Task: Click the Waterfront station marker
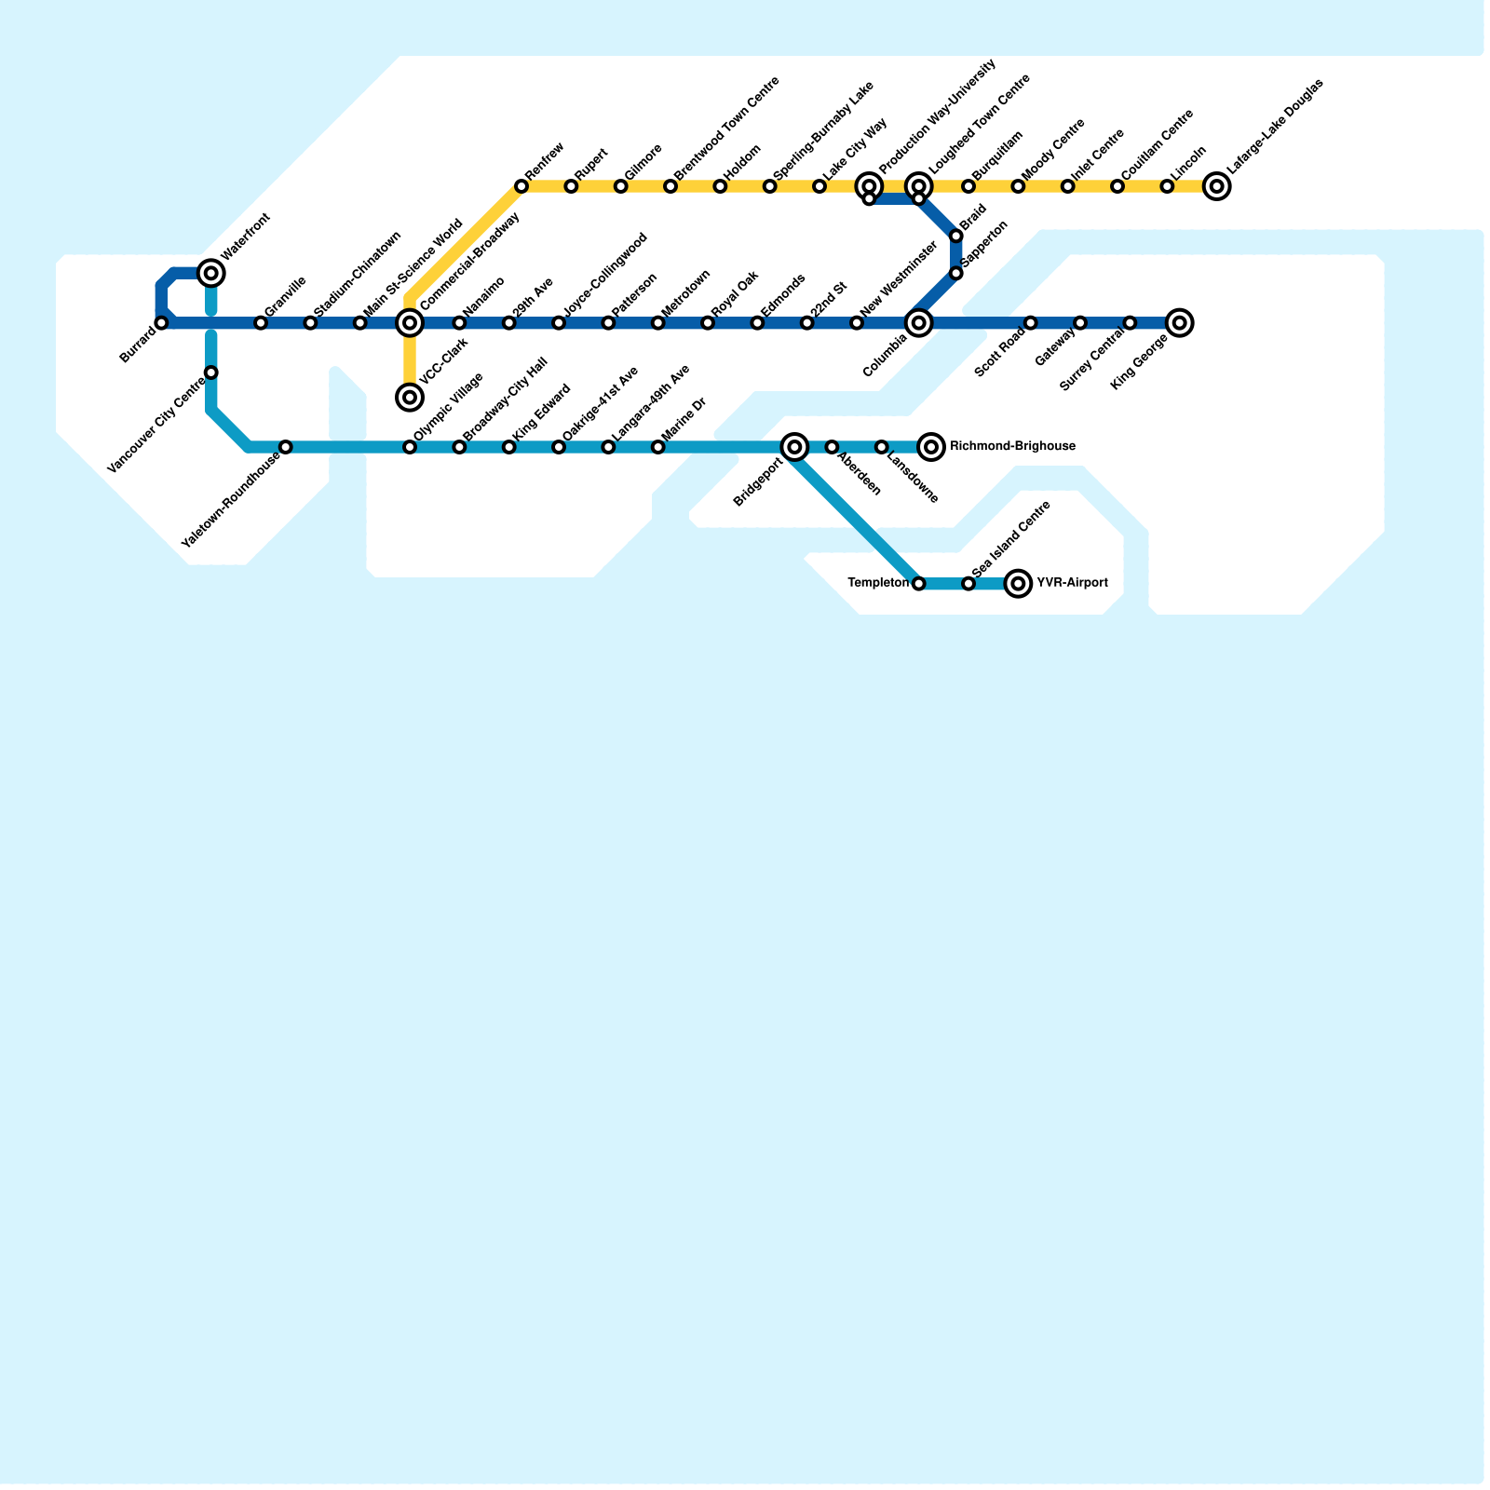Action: click(211, 273)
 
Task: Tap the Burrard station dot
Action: click(162, 323)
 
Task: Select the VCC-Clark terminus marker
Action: click(410, 398)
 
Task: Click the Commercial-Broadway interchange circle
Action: click(410, 323)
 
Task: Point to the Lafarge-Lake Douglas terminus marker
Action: click(1216, 187)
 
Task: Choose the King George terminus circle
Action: click(1179, 323)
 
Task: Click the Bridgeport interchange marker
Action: click(794, 448)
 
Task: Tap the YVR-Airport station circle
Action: click(1019, 584)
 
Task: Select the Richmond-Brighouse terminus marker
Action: click(931, 448)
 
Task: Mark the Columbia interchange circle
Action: click(919, 323)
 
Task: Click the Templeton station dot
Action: click(919, 584)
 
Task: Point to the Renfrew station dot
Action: click(521, 187)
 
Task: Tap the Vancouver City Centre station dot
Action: click(211, 373)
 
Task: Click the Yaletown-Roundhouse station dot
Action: click(286, 448)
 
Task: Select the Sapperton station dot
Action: click(956, 273)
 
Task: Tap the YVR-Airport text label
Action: click(1072, 584)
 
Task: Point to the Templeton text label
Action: click(878, 584)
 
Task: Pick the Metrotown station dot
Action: click(658, 323)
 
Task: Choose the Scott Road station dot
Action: click(1031, 323)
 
